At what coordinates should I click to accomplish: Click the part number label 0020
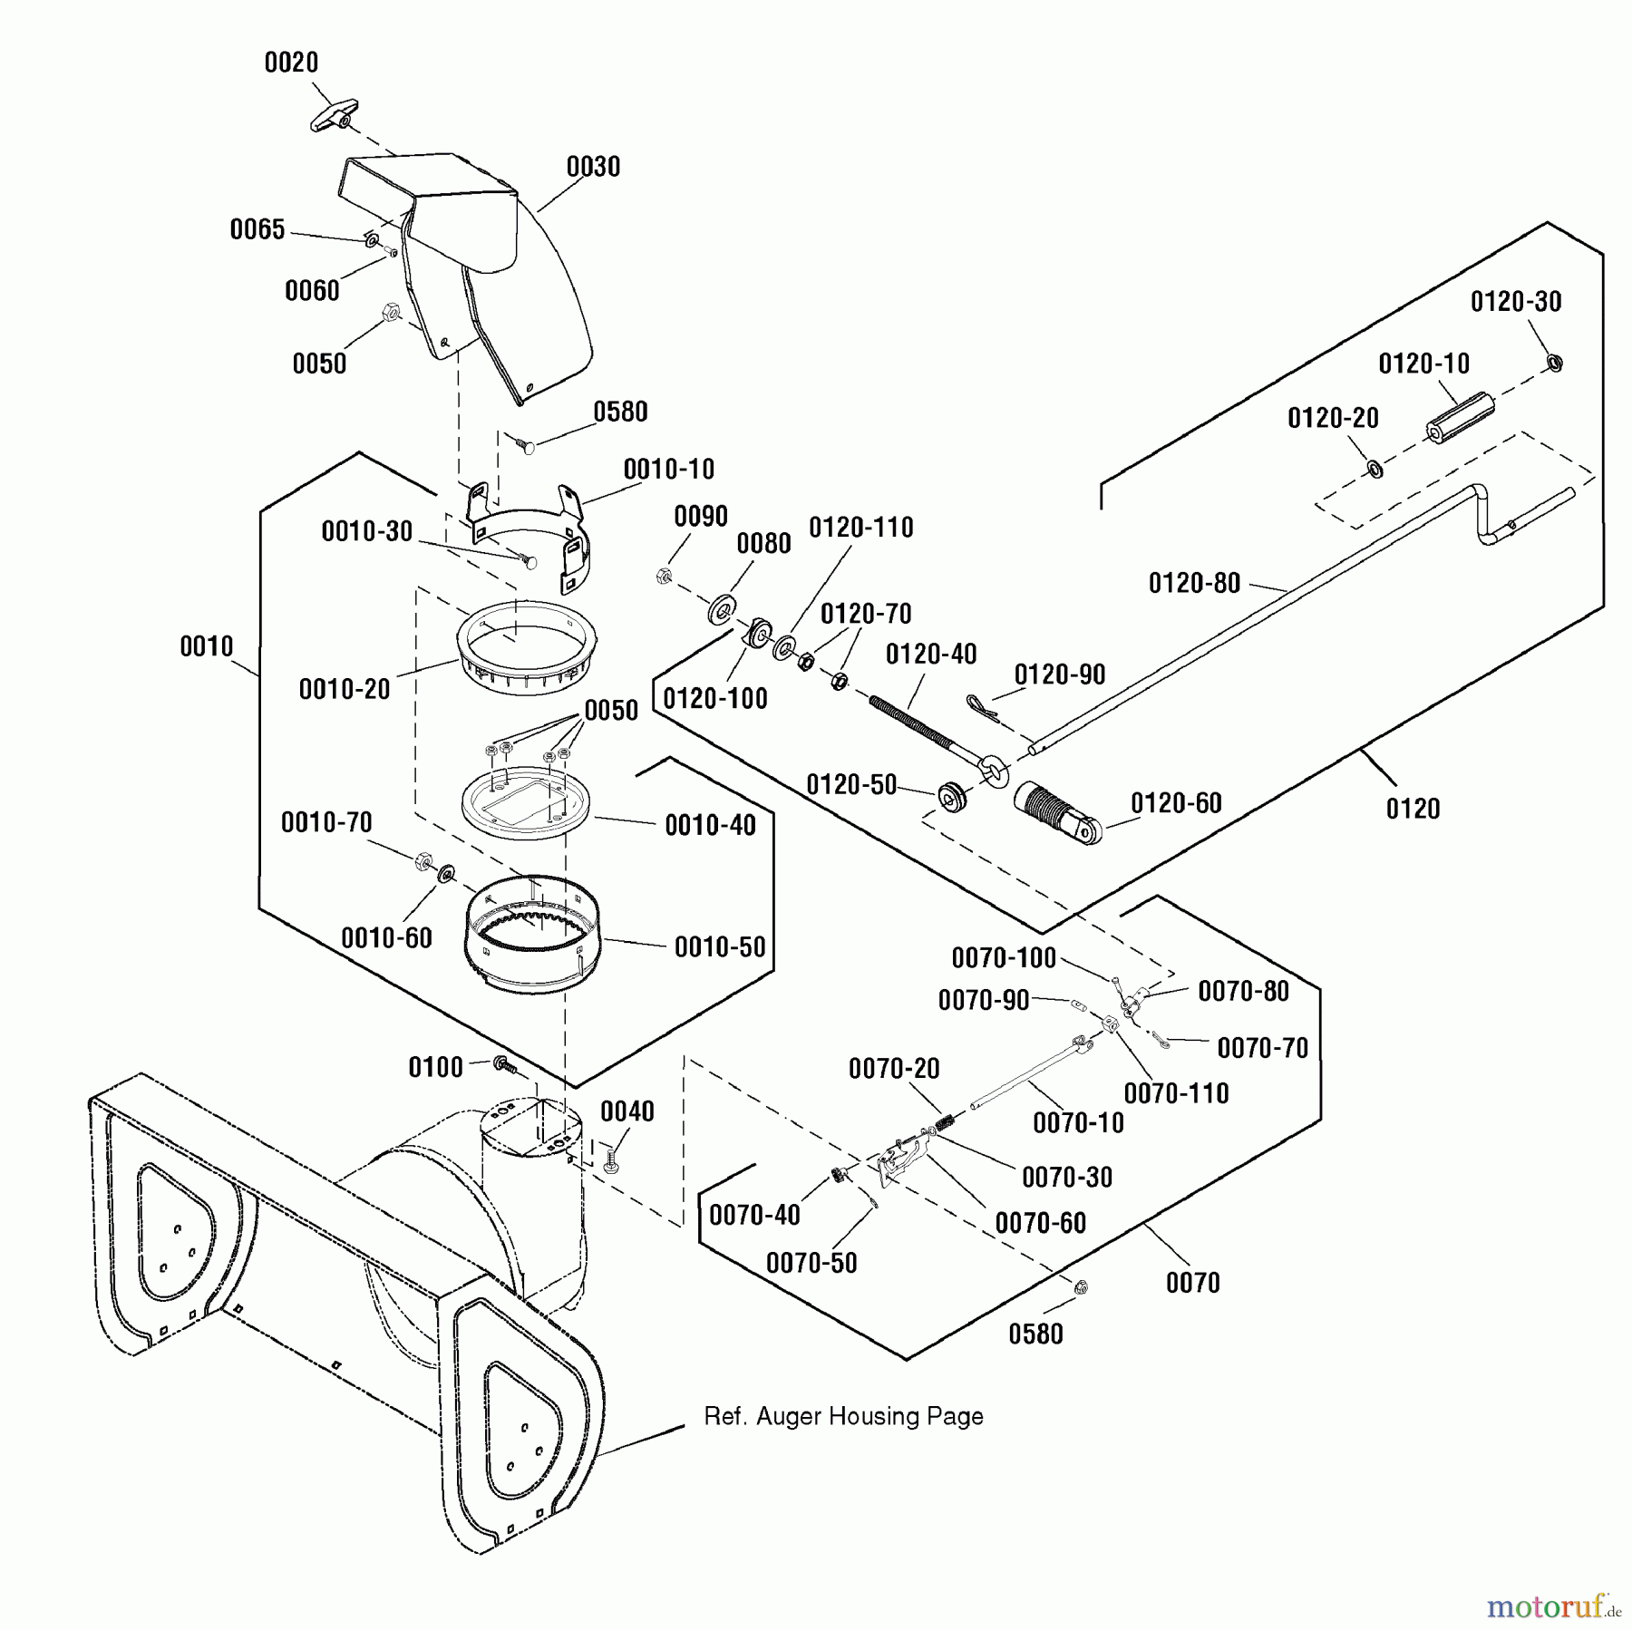(x=291, y=63)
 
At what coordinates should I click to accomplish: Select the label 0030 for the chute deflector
(x=593, y=167)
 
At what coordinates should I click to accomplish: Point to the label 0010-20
(x=345, y=689)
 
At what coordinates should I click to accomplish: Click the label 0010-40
(x=710, y=825)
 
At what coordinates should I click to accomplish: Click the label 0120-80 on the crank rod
(x=1194, y=583)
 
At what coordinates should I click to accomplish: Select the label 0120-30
(x=1516, y=302)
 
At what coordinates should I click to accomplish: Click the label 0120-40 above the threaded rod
(x=931, y=655)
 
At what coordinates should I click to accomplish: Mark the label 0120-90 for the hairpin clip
(x=1059, y=674)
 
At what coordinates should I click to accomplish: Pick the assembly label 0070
(x=1192, y=1283)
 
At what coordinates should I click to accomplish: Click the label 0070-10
(x=1078, y=1123)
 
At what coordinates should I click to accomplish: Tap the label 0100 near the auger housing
(x=435, y=1068)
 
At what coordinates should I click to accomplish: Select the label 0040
(x=627, y=1111)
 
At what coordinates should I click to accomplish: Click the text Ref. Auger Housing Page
(x=843, y=1416)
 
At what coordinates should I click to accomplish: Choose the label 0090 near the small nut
(x=701, y=517)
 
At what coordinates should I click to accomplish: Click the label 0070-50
(x=811, y=1263)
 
